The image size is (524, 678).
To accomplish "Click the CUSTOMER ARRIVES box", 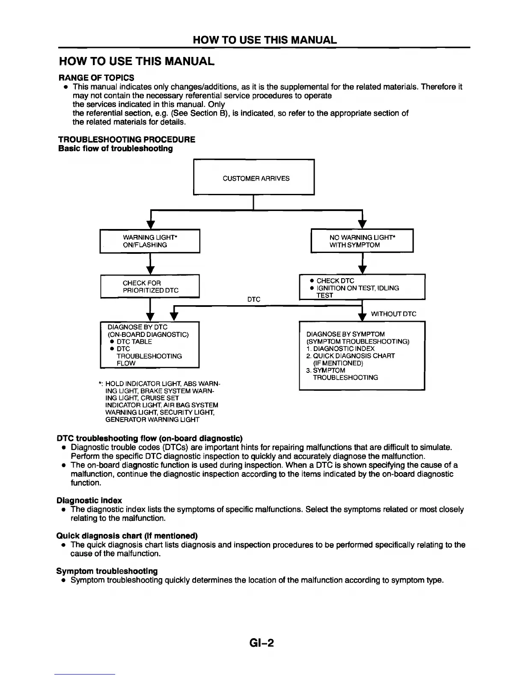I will [x=254, y=177].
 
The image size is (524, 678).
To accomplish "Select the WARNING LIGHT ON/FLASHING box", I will [x=150, y=241].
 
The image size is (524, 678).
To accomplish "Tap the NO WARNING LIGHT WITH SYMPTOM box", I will [x=362, y=241].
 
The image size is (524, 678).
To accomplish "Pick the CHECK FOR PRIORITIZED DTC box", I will [x=150, y=287].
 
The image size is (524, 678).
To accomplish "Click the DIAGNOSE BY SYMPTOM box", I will [x=362, y=355].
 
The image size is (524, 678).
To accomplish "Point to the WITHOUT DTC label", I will [x=393, y=314].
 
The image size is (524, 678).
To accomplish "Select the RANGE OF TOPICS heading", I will [x=96, y=77].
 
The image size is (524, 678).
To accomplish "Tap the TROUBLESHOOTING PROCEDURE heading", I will [x=127, y=140].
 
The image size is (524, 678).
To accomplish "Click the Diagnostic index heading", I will [x=89, y=500].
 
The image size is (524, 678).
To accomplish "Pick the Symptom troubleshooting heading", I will [x=107, y=571].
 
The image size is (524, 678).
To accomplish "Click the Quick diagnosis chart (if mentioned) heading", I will [x=127, y=536].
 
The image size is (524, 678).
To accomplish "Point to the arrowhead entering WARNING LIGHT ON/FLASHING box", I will [x=150, y=225].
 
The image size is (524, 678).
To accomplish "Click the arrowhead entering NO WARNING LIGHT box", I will [x=362, y=225].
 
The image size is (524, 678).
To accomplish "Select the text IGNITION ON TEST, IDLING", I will [x=357, y=288].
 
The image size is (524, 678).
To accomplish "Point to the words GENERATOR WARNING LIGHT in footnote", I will [x=152, y=419].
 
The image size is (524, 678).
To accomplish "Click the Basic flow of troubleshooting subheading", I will [x=116, y=149].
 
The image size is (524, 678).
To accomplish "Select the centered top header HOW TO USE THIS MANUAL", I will [x=265, y=40].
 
